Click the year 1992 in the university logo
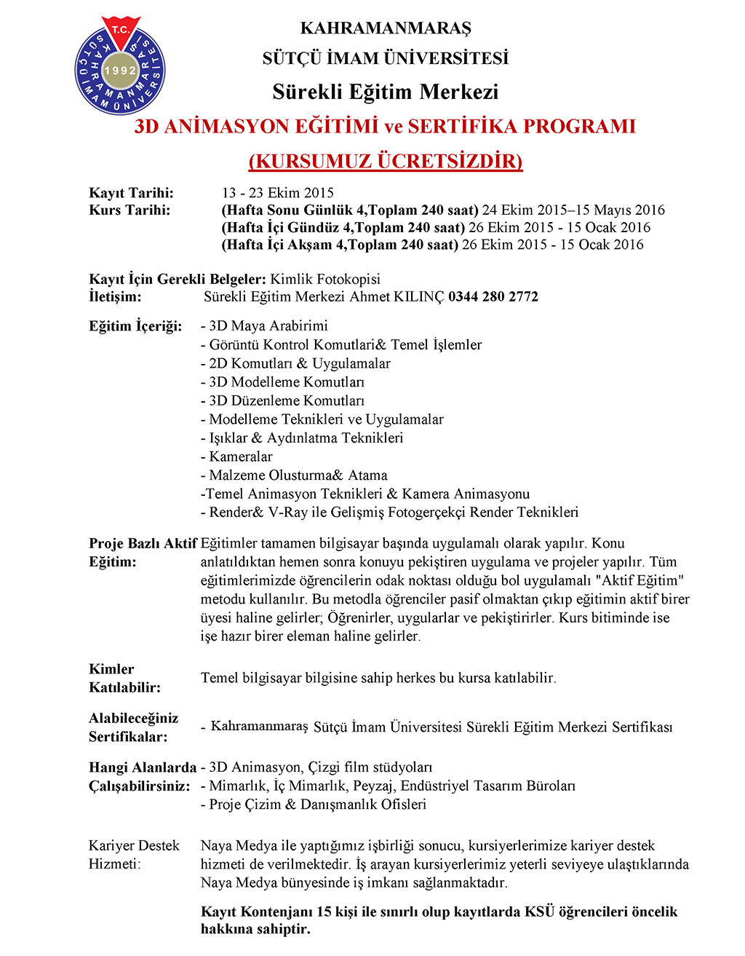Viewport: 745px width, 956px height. pyautogui.click(x=120, y=71)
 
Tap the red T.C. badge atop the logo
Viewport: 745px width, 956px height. pyautogui.click(x=120, y=30)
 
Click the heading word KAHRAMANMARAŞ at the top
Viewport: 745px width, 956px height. pyautogui.click(x=386, y=28)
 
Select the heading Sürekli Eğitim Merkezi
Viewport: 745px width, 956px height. pyautogui.click(x=386, y=92)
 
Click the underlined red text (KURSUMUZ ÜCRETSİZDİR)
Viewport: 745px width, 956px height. pyautogui.click(x=386, y=161)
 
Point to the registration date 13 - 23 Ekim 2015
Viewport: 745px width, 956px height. pyautogui.click(x=278, y=193)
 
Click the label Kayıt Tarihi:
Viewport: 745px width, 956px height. pyautogui.click(x=132, y=193)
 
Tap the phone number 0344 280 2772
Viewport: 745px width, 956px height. pyautogui.click(x=493, y=296)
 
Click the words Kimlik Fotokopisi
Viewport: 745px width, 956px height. pyautogui.click(x=325, y=279)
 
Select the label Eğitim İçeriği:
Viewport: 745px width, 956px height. pyautogui.click(x=135, y=325)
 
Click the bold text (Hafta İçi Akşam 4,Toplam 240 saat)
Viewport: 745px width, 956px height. pyautogui.click(x=340, y=245)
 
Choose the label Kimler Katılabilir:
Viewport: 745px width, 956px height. pyautogui.click(x=124, y=678)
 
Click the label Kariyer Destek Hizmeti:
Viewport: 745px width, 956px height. pyautogui.click(x=134, y=855)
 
